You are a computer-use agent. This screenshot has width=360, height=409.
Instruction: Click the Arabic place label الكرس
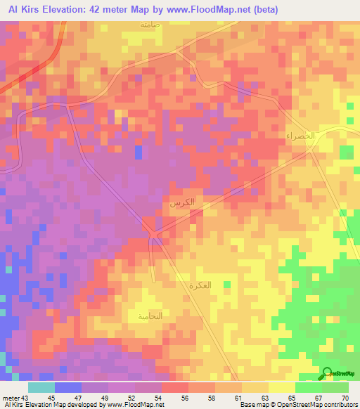pyautogui.click(x=181, y=204)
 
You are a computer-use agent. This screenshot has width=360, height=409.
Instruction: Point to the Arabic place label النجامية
pyautogui.click(x=150, y=316)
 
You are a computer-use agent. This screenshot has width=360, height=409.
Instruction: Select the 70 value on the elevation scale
pyautogui.click(x=344, y=398)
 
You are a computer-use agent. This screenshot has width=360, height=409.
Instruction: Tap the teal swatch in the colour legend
pyautogui.click(x=41, y=387)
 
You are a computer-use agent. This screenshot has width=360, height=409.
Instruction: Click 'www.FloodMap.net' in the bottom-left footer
pyautogui.click(x=135, y=405)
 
